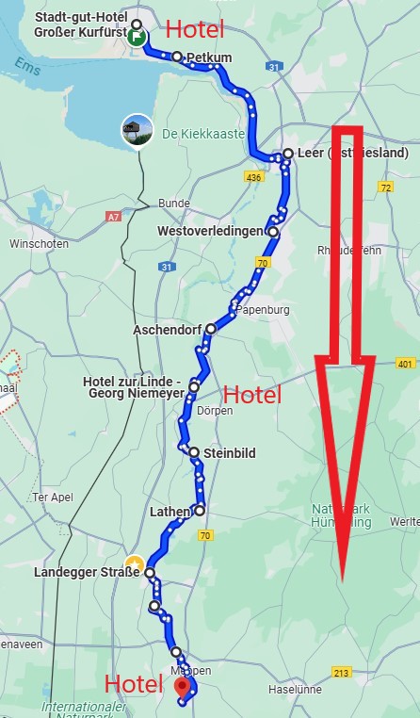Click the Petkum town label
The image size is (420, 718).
[x=209, y=58]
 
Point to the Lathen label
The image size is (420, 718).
[x=170, y=512]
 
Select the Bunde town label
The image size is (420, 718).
[x=173, y=204]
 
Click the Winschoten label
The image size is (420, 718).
[x=34, y=243]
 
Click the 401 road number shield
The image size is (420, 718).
[x=405, y=364]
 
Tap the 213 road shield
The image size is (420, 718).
[x=342, y=672]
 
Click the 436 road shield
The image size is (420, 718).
[x=252, y=176]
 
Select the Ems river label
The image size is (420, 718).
[x=27, y=64]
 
